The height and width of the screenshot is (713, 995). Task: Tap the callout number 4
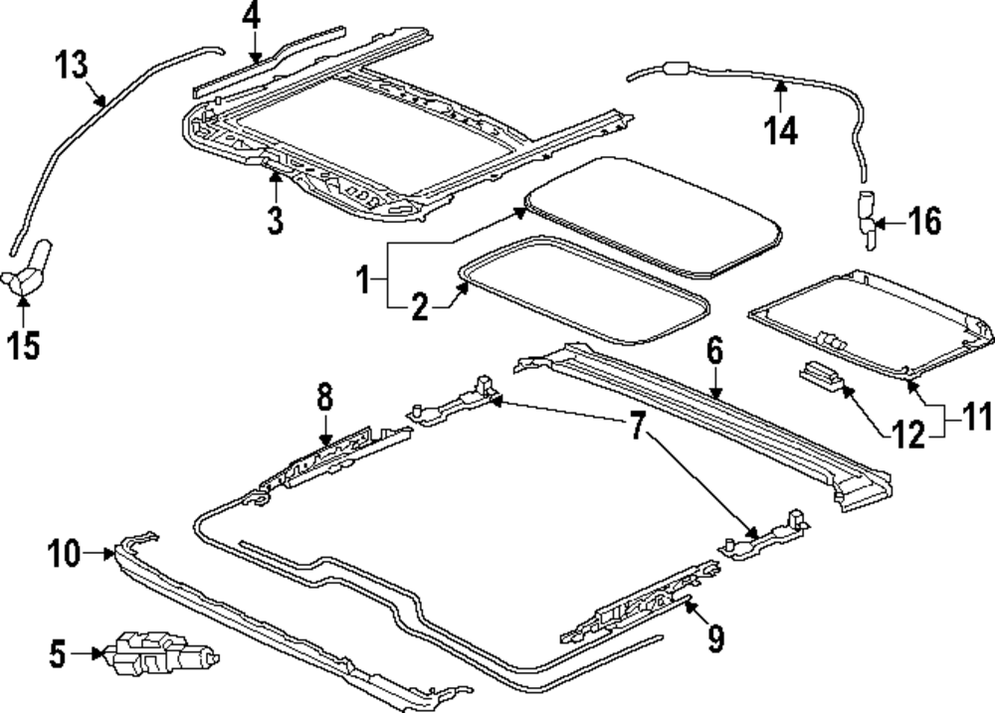(251, 17)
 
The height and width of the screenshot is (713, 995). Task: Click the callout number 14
(781, 129)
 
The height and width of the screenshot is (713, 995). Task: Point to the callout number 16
(924, 222)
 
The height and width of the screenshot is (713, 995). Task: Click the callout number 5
(59, 653)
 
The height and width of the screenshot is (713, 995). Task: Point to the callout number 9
(715, 636)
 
